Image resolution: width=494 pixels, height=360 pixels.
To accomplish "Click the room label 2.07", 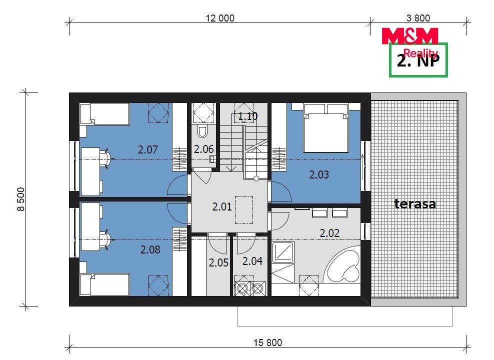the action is tap(148, 149).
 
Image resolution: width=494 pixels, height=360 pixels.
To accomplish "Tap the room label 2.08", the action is tap(150, 249).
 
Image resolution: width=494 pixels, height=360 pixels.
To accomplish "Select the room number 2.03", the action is tap(319, 174).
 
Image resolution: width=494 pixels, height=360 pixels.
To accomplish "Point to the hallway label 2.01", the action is tap(222, 206).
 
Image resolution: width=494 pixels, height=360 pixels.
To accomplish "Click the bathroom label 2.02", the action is tap(329, 233).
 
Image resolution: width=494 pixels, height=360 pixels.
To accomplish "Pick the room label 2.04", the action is tap(252, 261).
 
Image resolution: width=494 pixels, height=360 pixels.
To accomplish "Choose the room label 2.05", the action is tap(218, 262).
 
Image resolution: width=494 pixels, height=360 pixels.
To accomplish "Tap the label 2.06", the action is tap(204, 149).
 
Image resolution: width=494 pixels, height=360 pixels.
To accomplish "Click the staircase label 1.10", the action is tap(247, 116).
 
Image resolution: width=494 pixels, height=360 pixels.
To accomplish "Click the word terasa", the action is tap(415, 203).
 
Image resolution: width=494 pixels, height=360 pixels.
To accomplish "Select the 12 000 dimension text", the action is tap(220, 18).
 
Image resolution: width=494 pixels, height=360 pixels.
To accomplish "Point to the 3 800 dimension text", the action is tap(418, 18).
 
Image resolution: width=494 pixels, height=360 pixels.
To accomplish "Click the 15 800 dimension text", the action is tap(268, 342).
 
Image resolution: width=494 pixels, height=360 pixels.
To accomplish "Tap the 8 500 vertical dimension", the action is tap(21, 199).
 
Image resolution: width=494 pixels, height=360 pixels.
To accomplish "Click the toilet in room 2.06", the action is tap(202, 131).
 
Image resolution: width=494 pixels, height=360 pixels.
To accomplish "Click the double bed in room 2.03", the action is tap(326, 128).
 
